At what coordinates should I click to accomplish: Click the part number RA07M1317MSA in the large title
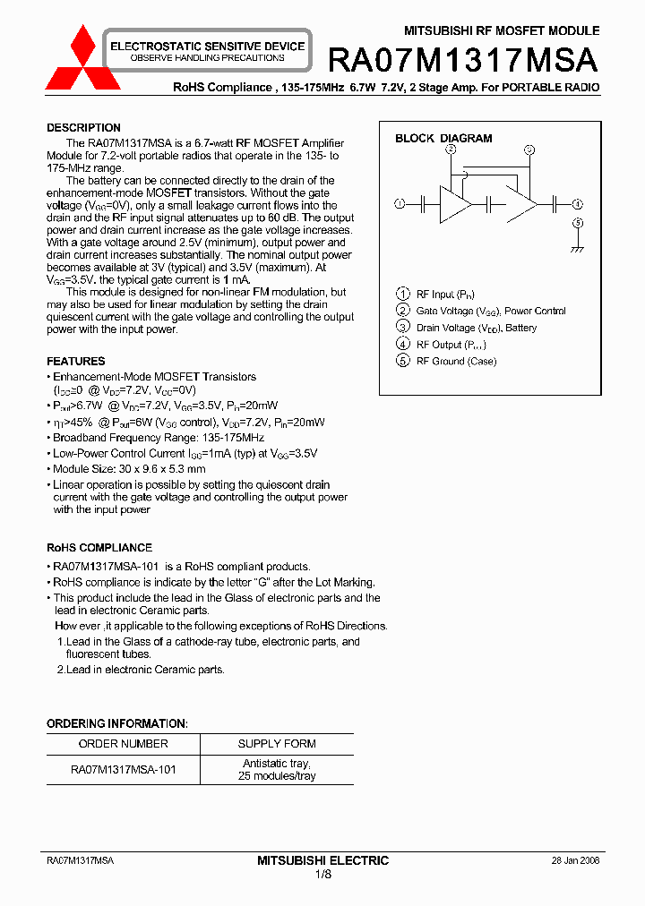click(462, 60)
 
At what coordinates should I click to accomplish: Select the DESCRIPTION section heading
click(83, 128)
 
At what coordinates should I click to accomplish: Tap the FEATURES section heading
click(75, 362)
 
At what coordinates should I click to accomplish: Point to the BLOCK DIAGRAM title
click(443, 139)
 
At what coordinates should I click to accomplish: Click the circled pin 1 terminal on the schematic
click(400, 204)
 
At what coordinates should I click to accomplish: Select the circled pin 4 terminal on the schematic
click(578, 204)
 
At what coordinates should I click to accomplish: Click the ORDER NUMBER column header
click(123, 744)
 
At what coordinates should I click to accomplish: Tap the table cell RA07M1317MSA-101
click(123, 770)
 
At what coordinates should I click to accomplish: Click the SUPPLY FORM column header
click(277, 744)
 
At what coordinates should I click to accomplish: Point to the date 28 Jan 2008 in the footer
click(575, 860)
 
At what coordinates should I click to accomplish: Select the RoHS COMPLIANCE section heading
click(99, 548)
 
